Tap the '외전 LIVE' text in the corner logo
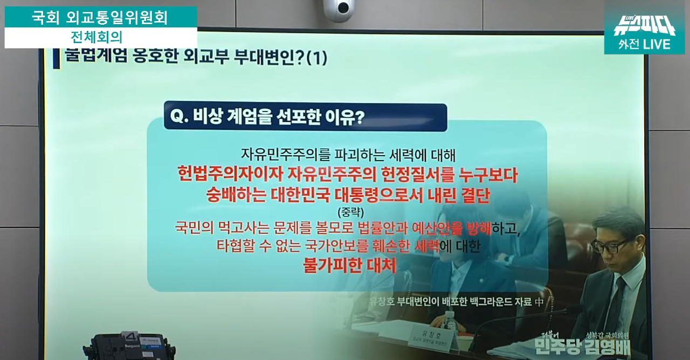[x=644, y=44]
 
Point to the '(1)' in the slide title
[x=316, y=58]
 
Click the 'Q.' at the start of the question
[x=178, y=117]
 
